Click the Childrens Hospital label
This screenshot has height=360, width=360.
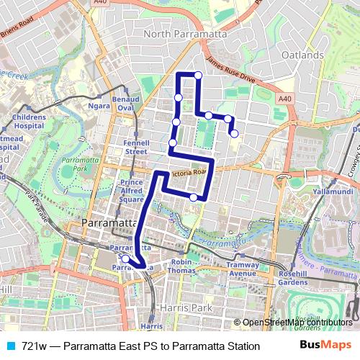pos(29,120)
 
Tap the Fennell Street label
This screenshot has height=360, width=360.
pos(135,147)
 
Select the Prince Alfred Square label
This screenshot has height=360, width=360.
pos(132,192)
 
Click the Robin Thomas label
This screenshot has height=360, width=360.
pos(181,266)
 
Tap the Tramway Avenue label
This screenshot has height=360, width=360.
pos(243,269)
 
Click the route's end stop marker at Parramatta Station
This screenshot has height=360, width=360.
pos(125,259)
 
